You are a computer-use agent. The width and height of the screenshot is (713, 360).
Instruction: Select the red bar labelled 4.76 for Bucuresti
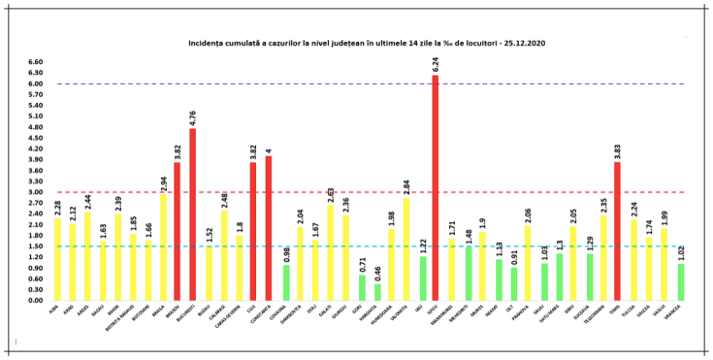pyautogui.click(x=193, y=214)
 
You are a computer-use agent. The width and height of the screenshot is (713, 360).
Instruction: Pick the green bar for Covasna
pyautogui.click(x=286, y=282)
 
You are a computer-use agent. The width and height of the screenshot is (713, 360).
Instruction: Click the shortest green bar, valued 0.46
pyautogui.click(x=377, y=292)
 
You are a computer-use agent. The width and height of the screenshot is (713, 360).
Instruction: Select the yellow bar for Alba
pyautogui.click(x=58, y=259)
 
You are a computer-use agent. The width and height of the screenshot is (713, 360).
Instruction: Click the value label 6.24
pyautogui.click(x=436, y=65)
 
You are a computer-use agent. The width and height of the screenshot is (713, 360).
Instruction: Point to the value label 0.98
pyautogui.click(x=286, y=254)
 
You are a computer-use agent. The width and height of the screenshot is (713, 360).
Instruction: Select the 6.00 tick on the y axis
pyautogui.click(x=36, y=83)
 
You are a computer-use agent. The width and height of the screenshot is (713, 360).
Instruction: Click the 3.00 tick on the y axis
pyautogui.click(x=36, y=192)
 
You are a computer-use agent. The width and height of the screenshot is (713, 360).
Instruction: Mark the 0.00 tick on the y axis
pyautogui.click(x=36, y=300)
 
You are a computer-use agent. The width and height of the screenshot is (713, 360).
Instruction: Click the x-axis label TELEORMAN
pyautogui.click(x=599, y=314)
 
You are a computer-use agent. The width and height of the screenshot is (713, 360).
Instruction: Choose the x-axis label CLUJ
pyautogui.click(x=253, y=309)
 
